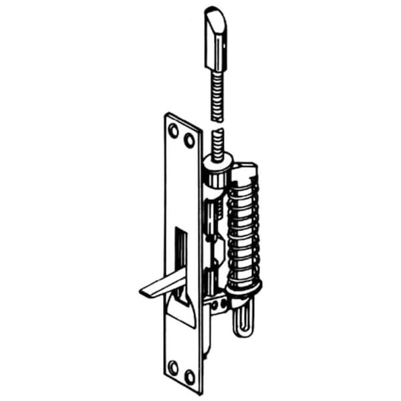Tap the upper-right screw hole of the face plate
tap(190, 141)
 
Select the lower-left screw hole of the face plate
tap(173, 365)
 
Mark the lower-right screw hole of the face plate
tap(189, 376)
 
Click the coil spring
tap(245, 227)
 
